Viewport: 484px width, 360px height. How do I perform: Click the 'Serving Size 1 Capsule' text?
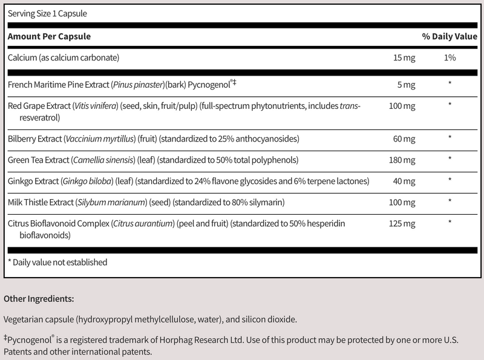point(46,13)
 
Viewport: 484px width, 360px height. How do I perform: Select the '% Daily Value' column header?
point(450,37)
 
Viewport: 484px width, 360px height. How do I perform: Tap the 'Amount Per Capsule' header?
point(49,37)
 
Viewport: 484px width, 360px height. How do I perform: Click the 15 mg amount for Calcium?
point(402,58)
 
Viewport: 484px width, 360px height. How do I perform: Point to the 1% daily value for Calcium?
point(450,58)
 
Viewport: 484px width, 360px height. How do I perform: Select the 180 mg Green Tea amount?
point(401,161)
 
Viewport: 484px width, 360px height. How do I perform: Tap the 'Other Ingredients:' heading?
point(39,299)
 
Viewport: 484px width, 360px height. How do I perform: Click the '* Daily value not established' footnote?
point(57,263)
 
